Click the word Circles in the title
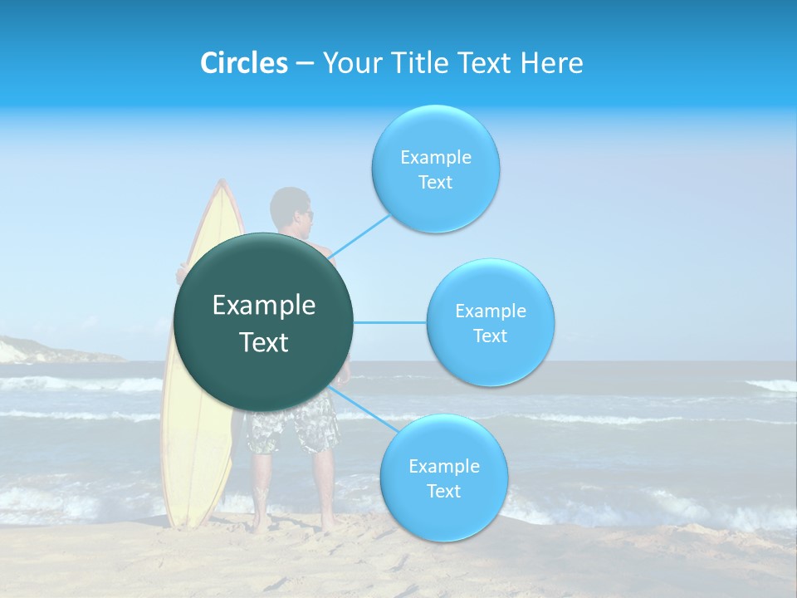pyautogui.click(x=243, y=63)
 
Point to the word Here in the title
pyautogui.click(x=551, y=63)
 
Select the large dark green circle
pyautogui.click(x=263, y=322)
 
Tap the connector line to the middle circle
pyautogui.click(x=389, y=322)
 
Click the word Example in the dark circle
pyautogui.click(x=263, y=306)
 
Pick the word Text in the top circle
pyautogui.click(x=435, y=183)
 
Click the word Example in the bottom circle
pyautogui.click(x=443, y=467)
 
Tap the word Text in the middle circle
pyautogui.click(x=490, y=336)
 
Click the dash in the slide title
pyautogui.click(x=305, y=64)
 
